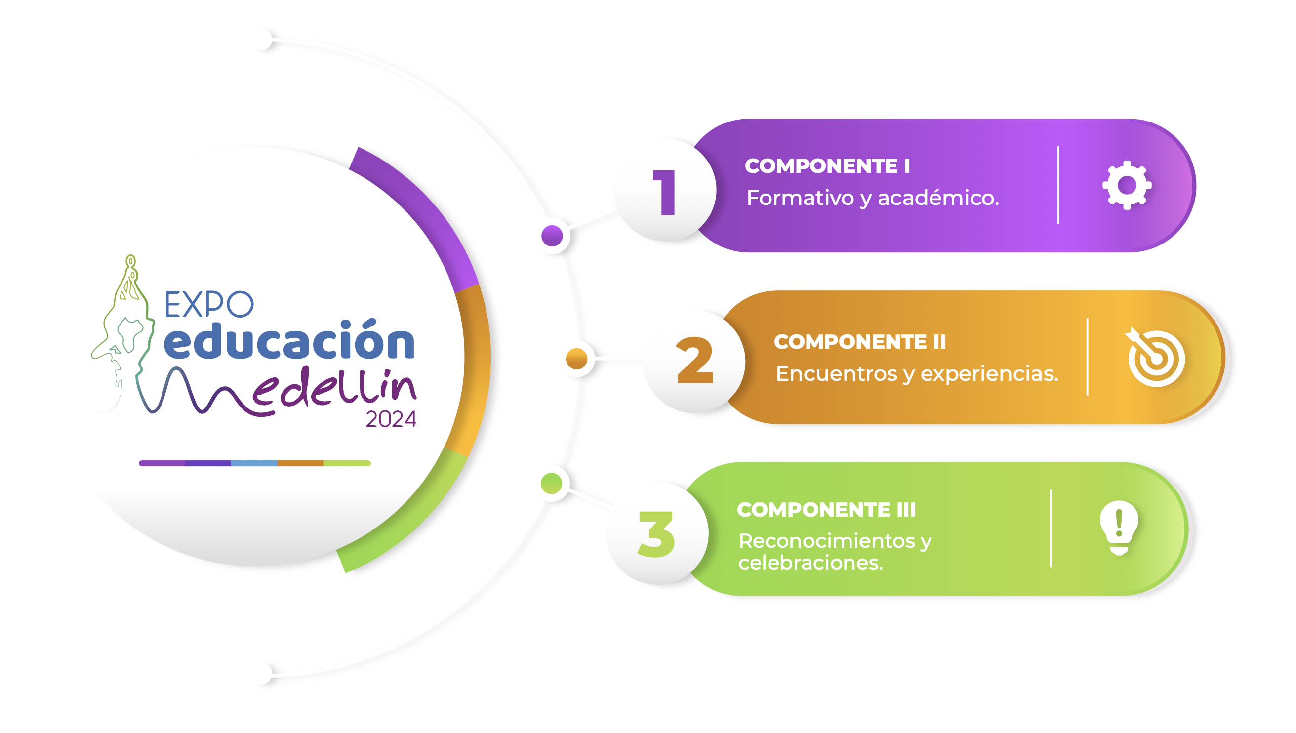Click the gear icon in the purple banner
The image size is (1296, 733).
1127,185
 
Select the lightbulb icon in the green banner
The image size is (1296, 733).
1119,528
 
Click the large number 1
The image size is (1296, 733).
664,192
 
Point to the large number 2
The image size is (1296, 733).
694,360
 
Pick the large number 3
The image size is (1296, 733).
656,533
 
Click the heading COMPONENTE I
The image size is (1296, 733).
827,165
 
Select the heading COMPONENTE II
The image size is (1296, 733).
860,341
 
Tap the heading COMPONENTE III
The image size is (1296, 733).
826,509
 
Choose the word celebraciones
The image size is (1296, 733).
810,562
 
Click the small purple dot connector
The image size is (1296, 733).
552,236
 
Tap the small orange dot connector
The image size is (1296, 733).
576,359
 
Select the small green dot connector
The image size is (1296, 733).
551,483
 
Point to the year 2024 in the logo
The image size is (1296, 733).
391,419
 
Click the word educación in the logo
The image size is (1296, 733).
289,340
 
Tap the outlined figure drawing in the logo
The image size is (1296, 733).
123,332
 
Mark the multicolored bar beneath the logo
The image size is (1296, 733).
255,463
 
